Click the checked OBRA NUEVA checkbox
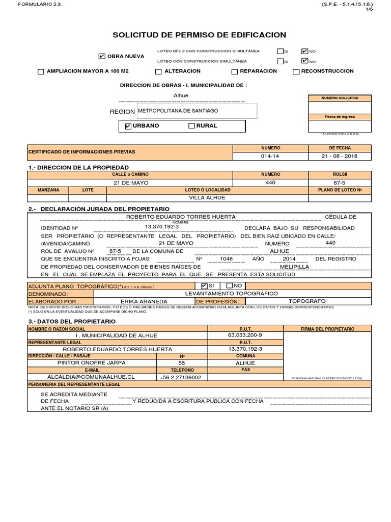(102, 56)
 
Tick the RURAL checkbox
(191, 126)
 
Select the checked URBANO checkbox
(128, 126)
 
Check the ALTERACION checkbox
(158, 72)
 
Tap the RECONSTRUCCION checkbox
(296, 72)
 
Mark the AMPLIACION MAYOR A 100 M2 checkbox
(41, 72)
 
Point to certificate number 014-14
(270, 156)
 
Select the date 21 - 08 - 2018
(340, 156)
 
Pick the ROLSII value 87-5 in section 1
(340, 182)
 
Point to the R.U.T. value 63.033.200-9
(245, 335)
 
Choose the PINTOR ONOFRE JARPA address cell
(92, 363)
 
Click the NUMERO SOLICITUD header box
(340, 97)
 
